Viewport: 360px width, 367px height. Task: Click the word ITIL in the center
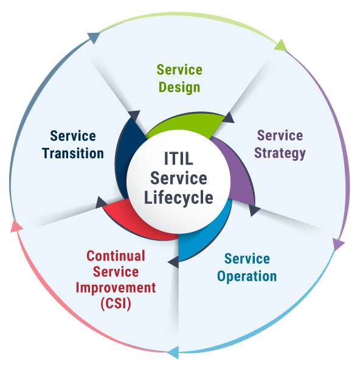point(179,158)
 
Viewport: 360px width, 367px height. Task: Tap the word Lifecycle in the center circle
point(178,198)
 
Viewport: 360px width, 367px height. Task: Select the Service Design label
point(179,79)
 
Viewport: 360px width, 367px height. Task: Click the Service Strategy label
point(280,144)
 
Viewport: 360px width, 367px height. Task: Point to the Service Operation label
point(247,268)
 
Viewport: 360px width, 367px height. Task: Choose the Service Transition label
point(73,145)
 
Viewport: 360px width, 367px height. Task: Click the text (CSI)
point(116,304)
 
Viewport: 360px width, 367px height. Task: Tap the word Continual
point(116,256)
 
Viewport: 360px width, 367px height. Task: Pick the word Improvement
point(116,288)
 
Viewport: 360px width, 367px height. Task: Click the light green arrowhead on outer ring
point(281,45)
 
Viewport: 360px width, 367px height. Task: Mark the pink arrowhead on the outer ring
point(16,226)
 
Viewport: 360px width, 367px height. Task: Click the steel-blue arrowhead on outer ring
point(94,38)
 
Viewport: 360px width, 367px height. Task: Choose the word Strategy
point(280,153)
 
